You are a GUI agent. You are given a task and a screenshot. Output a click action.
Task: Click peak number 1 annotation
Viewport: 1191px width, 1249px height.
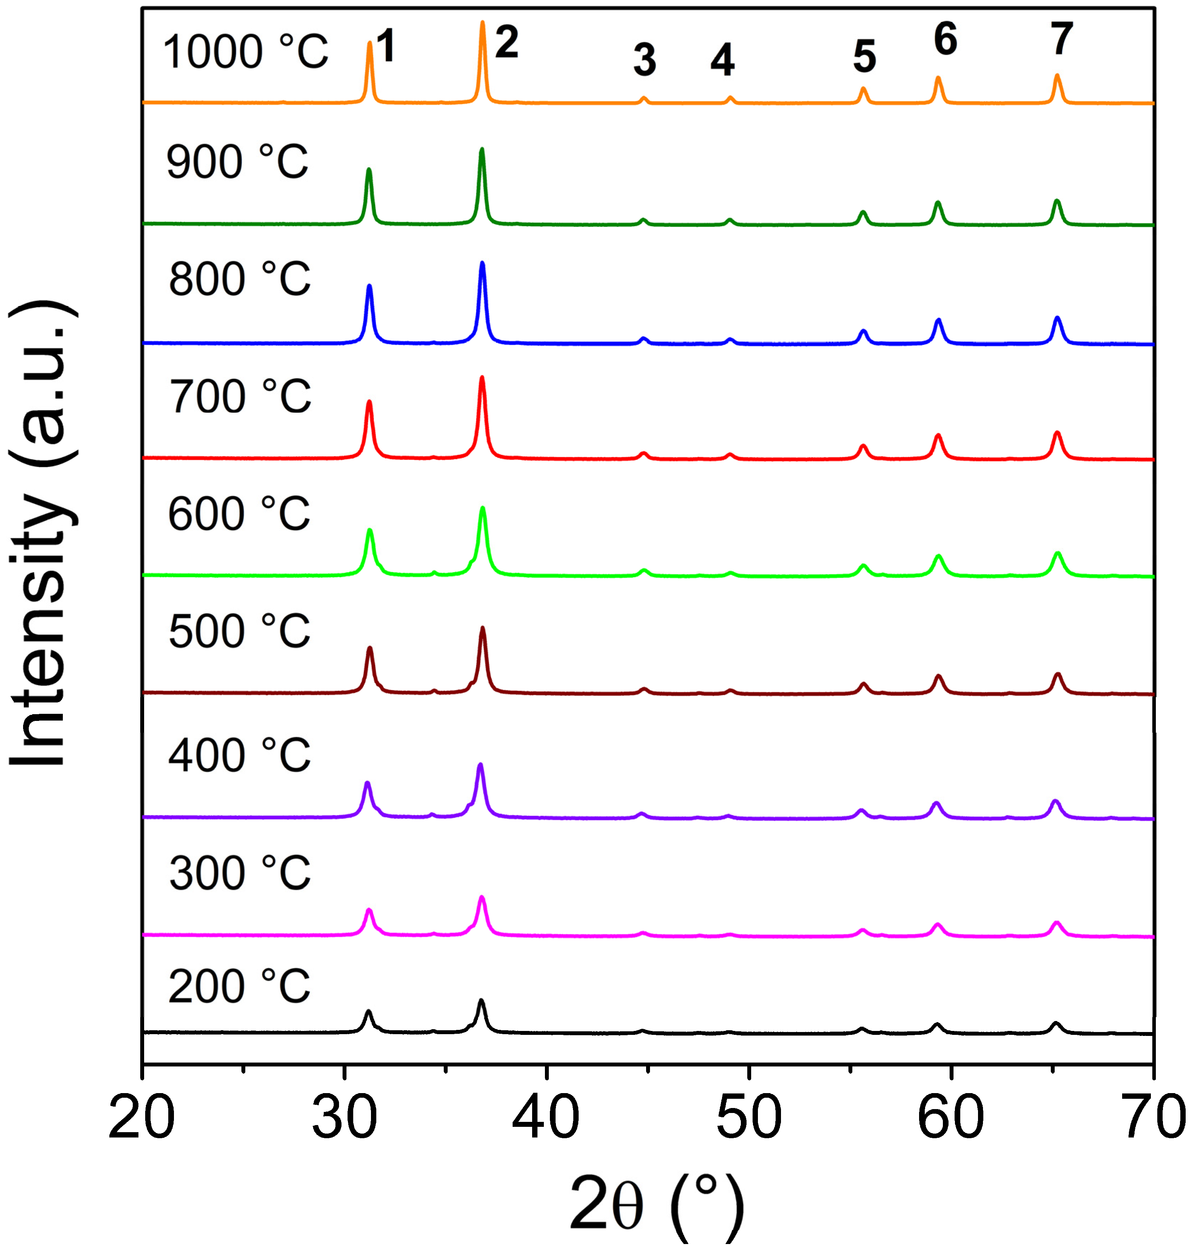pyautogui.click(x=386, y=47)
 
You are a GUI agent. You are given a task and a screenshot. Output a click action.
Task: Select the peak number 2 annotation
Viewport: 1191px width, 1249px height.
pyautogui.click(x=507, y=43)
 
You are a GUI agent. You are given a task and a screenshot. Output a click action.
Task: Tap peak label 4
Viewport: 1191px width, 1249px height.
pyautogui.click(x=722, y=60)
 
